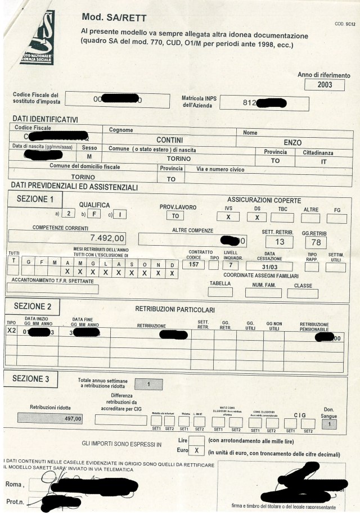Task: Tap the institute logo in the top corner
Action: (37, 38)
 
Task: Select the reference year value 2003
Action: (323, 85)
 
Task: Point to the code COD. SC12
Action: (345, 24)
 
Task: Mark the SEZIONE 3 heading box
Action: (34, 379)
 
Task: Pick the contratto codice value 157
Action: (193, 264)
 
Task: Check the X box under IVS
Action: (228, 216)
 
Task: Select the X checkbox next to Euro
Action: (196, 450)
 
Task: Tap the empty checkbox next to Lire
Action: (196, 439)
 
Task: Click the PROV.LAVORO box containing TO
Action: (175, 216)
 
